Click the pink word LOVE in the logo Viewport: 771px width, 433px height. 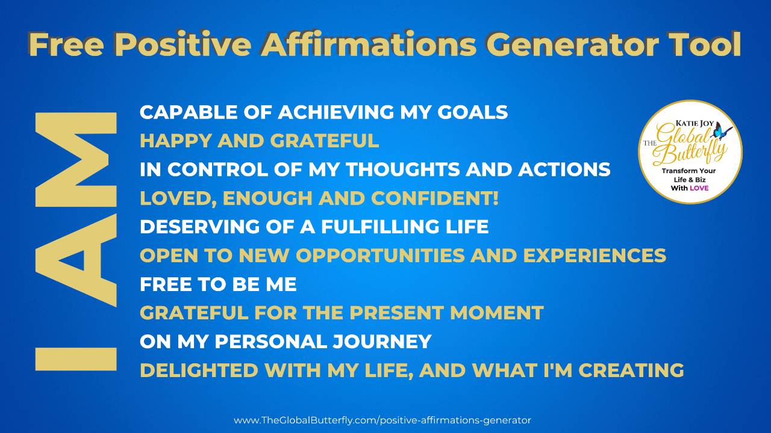point(700,188)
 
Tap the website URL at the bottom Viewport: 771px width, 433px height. point(382,420)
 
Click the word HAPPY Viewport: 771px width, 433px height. point(171,141)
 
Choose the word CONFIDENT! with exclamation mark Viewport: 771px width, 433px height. point(435,198)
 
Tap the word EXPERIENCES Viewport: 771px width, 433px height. point(595,256)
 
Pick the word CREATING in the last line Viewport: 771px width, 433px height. point(633,370)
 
